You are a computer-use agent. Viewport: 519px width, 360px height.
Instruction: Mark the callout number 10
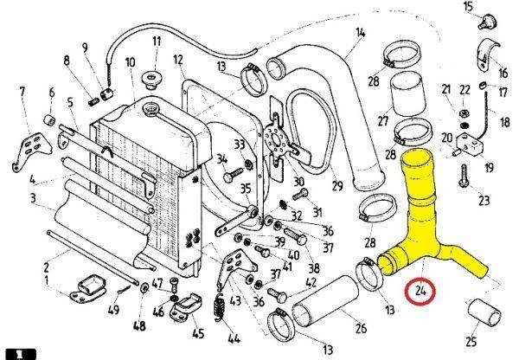[x=130, y=62]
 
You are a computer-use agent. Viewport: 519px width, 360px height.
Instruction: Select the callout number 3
[x=33, y=199]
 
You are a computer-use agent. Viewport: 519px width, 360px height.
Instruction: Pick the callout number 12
[x=178, y=60]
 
